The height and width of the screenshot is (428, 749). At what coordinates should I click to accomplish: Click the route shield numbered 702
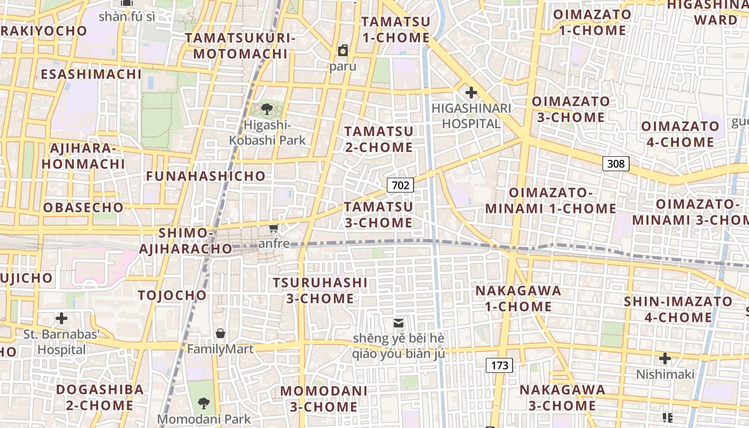[400, 185]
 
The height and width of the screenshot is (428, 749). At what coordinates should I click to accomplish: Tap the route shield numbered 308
[616, 164]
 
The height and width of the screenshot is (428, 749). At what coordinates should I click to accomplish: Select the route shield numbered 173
[499, 365]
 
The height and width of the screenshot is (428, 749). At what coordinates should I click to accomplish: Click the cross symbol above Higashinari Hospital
[471, 93]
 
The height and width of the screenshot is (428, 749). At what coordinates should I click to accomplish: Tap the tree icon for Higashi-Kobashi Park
[266, 110]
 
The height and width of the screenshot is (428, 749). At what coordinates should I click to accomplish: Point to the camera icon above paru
[343, 51]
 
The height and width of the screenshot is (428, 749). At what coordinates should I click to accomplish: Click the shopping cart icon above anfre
[274, 228]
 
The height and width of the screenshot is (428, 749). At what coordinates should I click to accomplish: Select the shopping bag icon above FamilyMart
[220, 333]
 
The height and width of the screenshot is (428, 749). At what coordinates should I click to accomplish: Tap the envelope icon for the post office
[399, 323]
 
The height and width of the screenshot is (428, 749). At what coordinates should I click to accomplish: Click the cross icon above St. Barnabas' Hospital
[62, 318]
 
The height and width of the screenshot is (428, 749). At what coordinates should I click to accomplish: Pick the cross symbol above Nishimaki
[665, 358]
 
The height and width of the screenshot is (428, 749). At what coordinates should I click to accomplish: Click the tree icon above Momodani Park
[203, 403]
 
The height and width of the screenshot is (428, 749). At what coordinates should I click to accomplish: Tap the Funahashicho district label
[206, 176]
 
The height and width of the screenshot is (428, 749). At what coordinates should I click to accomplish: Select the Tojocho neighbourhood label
[172, 295]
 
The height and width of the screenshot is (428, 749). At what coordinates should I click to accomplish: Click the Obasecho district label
[83, 208]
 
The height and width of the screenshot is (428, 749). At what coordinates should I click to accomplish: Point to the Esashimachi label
[91, 74]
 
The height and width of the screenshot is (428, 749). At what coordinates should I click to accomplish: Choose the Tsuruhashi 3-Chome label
[320, 291]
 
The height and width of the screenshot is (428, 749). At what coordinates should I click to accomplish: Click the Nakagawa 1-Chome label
[518, 299]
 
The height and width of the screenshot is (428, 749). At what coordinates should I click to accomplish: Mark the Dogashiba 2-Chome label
[100, 397]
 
